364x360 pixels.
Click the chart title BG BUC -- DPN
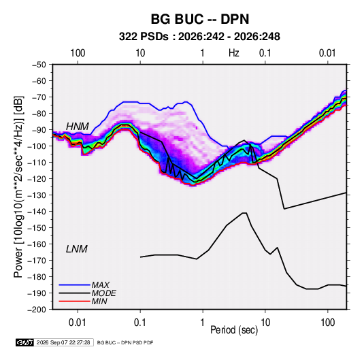pos(200,19)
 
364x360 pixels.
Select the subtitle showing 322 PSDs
pos(199,37)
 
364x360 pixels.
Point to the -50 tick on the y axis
pos(39,65)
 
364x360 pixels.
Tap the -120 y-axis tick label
pos(37,179)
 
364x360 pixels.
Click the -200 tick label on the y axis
pos(37,310)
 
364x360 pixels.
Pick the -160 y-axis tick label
pos(37,244)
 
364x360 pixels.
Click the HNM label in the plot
pos(78,127)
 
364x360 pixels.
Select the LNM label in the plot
pos(77,249)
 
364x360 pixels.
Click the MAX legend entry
pos(100,285)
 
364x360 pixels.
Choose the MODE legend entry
pos(104,293)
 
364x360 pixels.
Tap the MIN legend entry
pos(99,301)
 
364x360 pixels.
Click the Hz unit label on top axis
pos(234,53)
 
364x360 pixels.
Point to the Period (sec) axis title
pos(234,330)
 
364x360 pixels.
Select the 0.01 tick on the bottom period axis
pos(78,323)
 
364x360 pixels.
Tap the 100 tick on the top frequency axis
pos(78,53)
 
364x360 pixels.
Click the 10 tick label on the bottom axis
pos(265,323)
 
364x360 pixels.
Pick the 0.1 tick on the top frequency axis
pos(265,53)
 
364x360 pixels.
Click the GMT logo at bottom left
pos(25,342)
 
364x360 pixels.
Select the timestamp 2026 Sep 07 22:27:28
pos(63,342)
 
